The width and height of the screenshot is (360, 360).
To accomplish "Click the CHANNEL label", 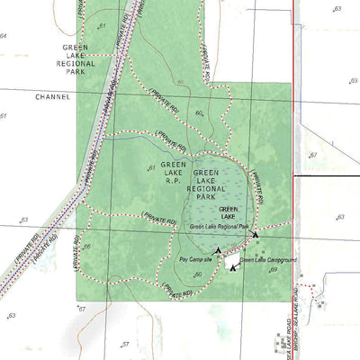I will tap(52, 96).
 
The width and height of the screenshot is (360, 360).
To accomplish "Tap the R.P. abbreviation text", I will tap(172, 180).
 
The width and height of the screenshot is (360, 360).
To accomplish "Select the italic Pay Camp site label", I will tap(195, 259).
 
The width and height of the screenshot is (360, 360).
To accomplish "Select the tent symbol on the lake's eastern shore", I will tap(256, 235).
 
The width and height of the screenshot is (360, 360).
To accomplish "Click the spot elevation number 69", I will tap(274, 270).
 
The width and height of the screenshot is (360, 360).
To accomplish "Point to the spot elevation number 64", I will tap(4, 36).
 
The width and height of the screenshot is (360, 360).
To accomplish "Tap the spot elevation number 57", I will tap(126, 344).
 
